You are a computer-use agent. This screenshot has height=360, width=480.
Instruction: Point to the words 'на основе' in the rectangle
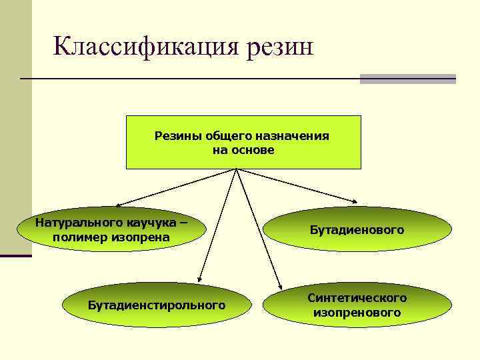click(x=243, y=150)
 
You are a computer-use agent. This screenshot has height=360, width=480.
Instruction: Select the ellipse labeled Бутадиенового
click(x=357, y=230)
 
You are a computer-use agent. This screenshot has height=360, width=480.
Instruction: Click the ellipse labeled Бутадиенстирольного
click(x=157, y=305)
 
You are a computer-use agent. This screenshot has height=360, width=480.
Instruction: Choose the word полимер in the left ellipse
click(x=81, y=237)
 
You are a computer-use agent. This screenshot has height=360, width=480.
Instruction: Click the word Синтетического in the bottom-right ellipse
click(x=357, y=297)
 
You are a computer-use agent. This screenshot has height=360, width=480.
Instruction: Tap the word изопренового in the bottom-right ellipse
click(x=357, y=312)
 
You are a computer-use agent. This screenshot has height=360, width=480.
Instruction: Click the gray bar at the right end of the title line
click(x=407, y=79)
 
